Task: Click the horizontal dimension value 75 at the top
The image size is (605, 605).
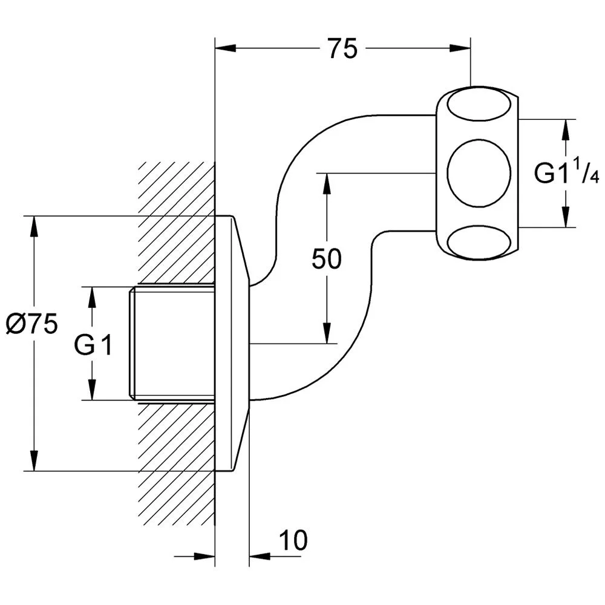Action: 343,48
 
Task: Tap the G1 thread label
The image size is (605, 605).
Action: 93,345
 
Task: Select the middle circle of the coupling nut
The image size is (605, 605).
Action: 479,173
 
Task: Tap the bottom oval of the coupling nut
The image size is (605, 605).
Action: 479,243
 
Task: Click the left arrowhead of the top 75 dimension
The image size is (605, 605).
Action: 225,48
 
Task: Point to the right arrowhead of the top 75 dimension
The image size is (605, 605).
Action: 460,48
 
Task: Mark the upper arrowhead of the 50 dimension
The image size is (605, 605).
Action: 327,184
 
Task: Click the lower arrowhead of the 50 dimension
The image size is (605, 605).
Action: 327,333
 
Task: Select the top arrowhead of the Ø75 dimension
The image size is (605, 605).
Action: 34,226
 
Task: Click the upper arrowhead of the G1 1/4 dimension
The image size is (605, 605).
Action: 566,130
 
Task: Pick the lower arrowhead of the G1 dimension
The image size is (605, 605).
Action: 92,390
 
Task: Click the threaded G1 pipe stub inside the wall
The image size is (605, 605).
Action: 172,343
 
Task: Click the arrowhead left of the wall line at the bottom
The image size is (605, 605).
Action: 204,557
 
